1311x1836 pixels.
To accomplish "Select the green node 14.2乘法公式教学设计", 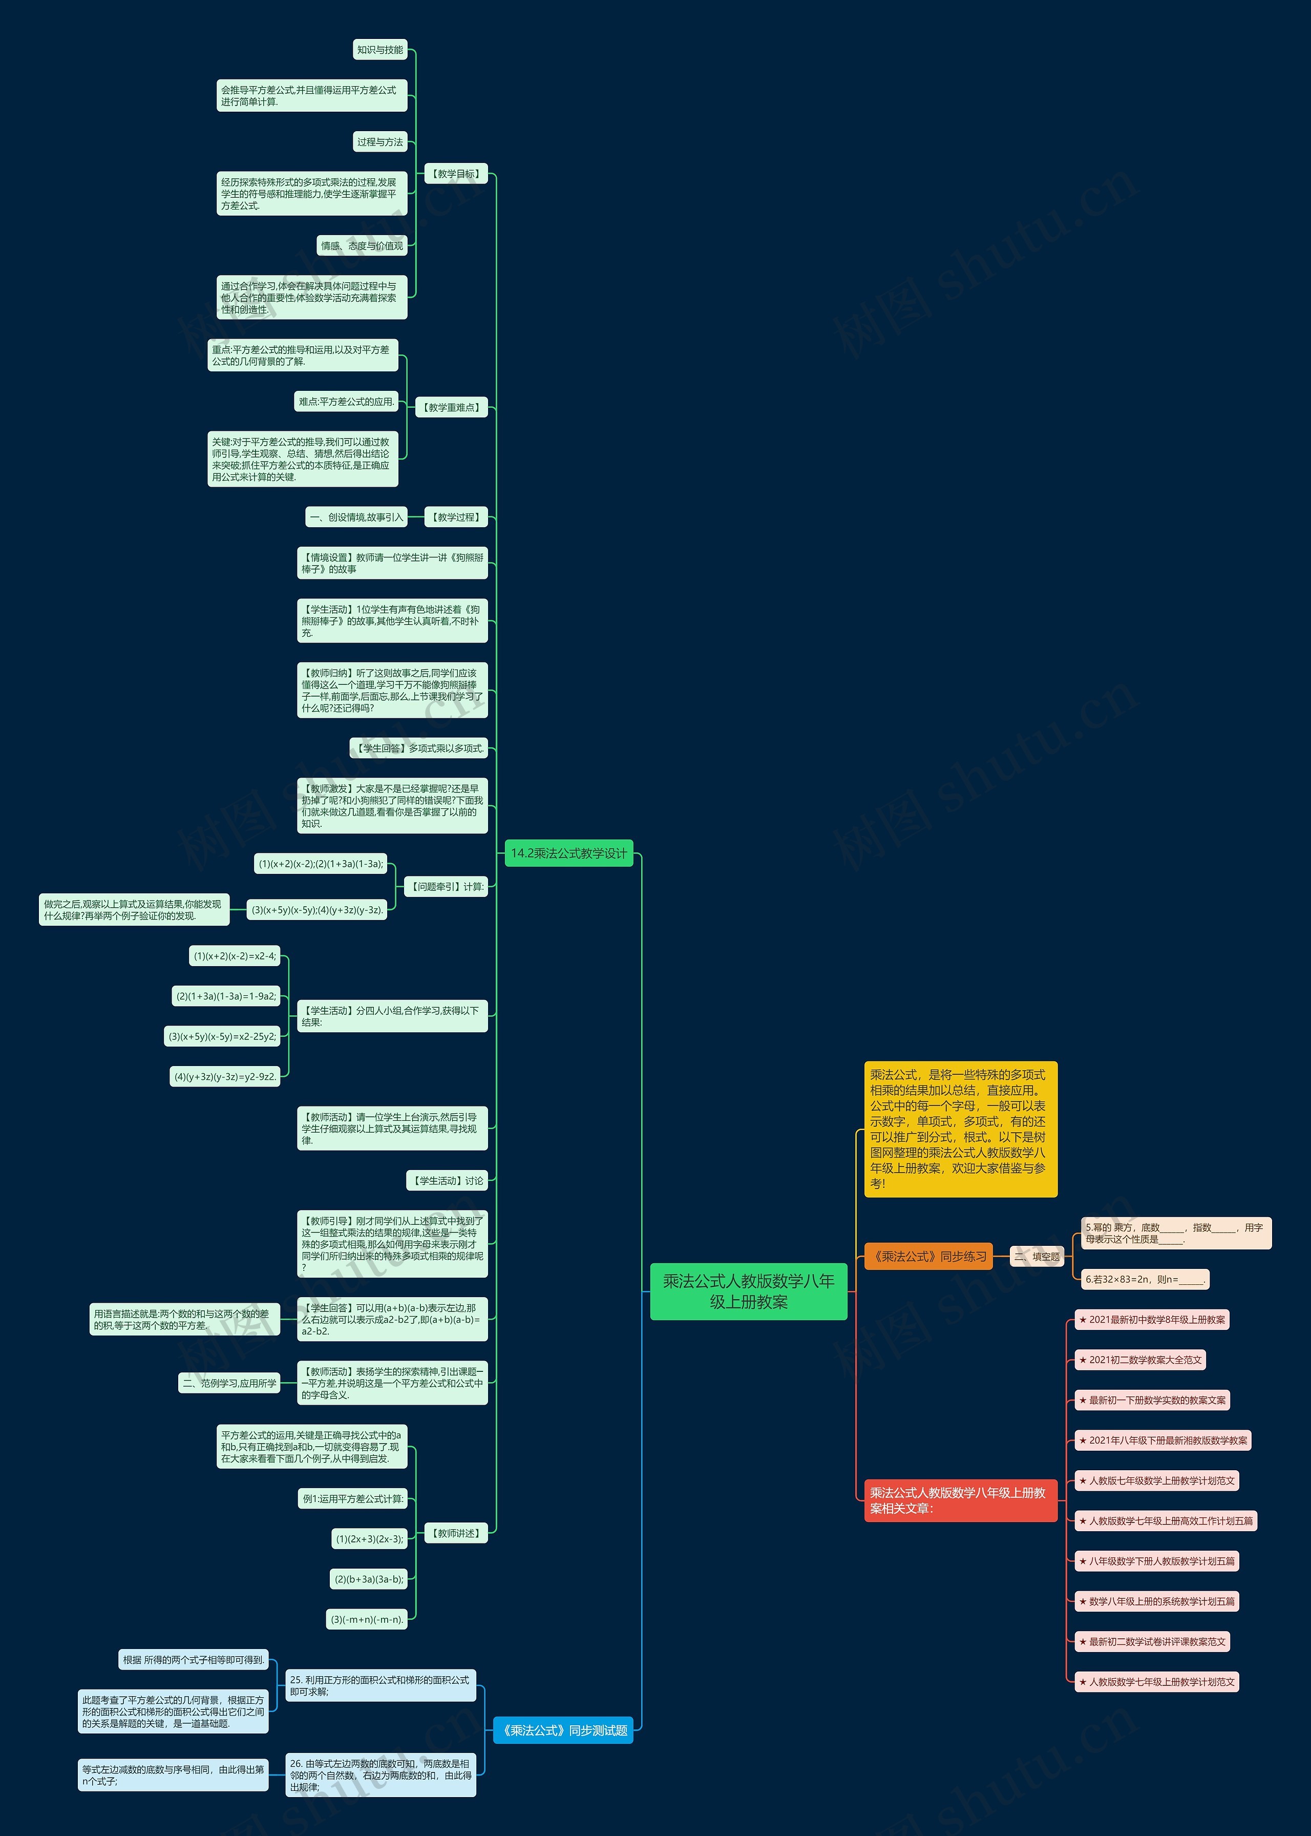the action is pyautogui.click(x=568, y=853).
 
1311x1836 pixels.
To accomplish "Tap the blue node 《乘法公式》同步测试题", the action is pyautogui.click(x=563, y=1730).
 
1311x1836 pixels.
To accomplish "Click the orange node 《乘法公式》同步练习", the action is pyautogui.click(x=928, y=1256).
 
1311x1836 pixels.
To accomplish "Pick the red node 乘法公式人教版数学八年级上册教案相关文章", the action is pyautogui.click(x=960, y=1500).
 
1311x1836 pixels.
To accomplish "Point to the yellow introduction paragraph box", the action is pyautogui.click(x=960, y=1129).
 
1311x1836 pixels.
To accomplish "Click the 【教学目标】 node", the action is pyautogui.click(x=456, y=174).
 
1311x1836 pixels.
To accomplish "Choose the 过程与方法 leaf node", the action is pyautogui.click(x=380, y=142).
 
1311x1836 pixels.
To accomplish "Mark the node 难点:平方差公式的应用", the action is pyautogui.click(x=346, y=401).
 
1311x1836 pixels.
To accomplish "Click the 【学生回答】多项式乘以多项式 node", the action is pyautogui.click(x=419, y=748).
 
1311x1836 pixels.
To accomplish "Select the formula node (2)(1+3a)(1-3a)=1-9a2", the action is pyautogui.click(x=226, y=996).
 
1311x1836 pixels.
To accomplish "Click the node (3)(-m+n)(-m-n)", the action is pyautogui.click(x=367, y=1619).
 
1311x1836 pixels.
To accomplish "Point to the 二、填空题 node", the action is pyautogui.click(x=1038, y=1256).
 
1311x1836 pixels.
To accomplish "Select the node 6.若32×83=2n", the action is pyautogui.click(x=1145, y=1279).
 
